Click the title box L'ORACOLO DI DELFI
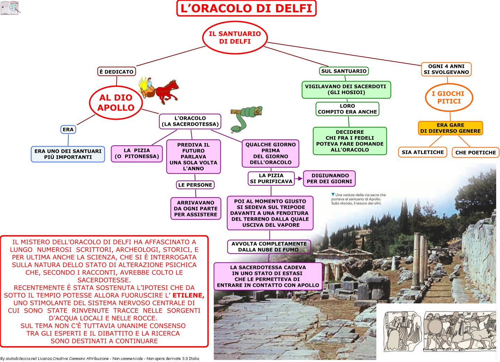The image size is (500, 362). point(246,8)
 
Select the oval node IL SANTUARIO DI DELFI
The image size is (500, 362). point(235,38)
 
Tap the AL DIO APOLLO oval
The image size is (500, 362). point(116,103)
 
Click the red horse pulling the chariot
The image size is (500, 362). point(167,92)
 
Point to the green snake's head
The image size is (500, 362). point(235,128)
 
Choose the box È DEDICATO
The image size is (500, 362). point(117,72)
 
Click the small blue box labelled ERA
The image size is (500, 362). point(68,129)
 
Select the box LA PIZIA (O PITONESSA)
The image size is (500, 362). point(137,154)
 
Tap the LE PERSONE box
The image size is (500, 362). point(195,185)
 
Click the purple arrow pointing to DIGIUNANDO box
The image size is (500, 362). point(299,179)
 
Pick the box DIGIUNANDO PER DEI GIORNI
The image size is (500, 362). point(329,179)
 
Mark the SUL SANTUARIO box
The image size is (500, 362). point(344,71)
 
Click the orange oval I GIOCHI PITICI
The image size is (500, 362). point(449,97)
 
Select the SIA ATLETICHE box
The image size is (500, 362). point(423,152)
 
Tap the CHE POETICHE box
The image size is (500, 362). point(475,152)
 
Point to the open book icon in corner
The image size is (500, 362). point(10,8)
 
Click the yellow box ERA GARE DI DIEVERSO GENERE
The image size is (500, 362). point(450,128)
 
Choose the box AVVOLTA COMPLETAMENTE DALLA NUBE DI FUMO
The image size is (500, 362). point(269,247)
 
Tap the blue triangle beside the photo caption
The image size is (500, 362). point(333,194)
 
